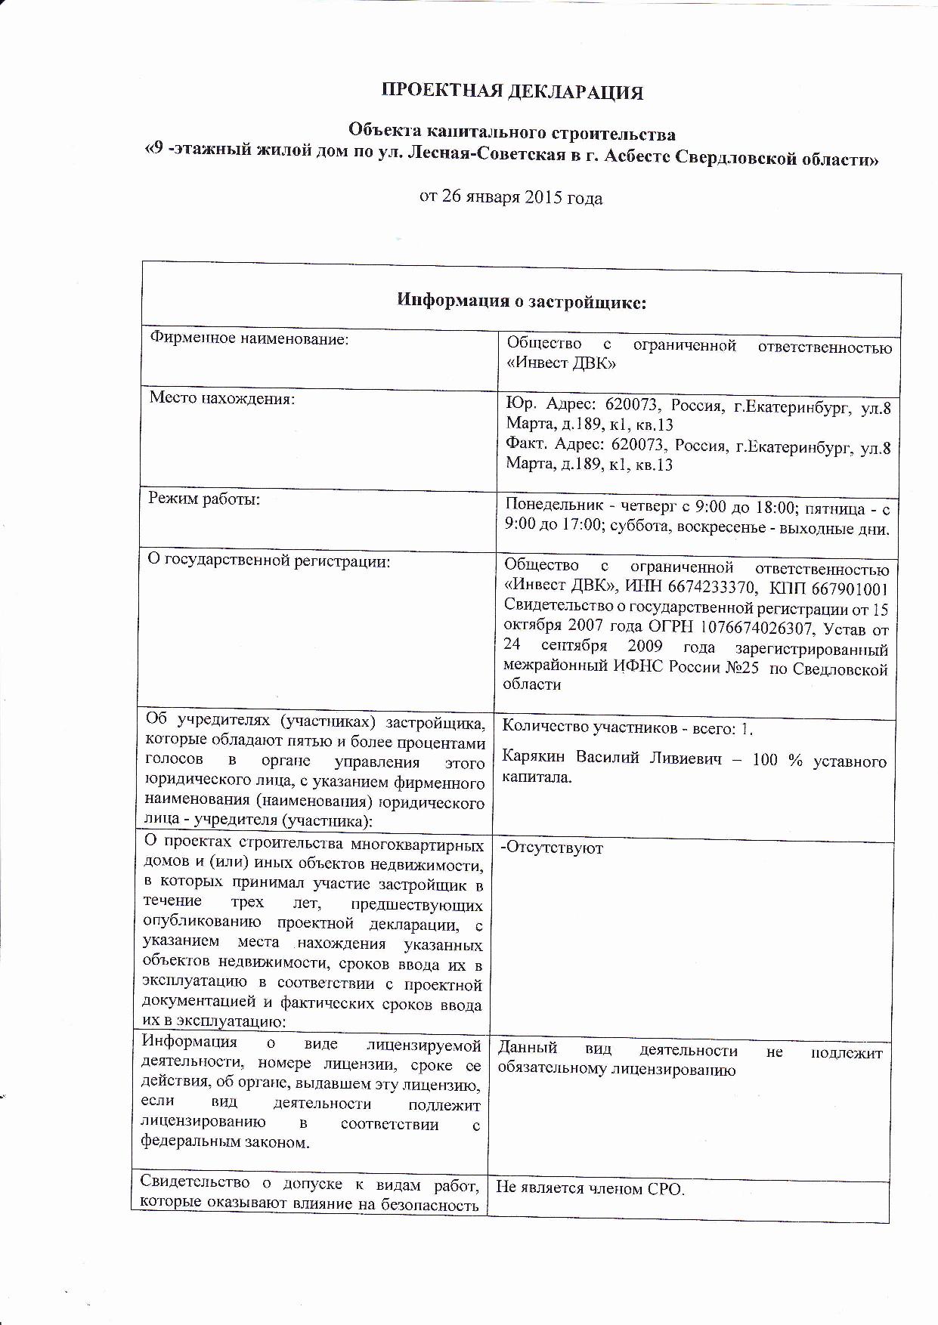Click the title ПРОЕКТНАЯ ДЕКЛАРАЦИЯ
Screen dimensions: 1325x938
tap(512, 92)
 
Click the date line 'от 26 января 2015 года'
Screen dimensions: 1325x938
tap(511, 198)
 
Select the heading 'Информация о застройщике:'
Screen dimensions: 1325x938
tap(522, 301)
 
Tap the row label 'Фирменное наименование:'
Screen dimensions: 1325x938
tap(249, 339)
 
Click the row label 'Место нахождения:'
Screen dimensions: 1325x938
tap(221, 397)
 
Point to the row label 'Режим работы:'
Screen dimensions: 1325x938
tap(204, 499)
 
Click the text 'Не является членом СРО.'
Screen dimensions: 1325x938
tap(590, 1188)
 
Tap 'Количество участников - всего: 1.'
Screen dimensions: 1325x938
tap(627, 727)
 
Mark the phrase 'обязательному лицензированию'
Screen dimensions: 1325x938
tap(616, 1069)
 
